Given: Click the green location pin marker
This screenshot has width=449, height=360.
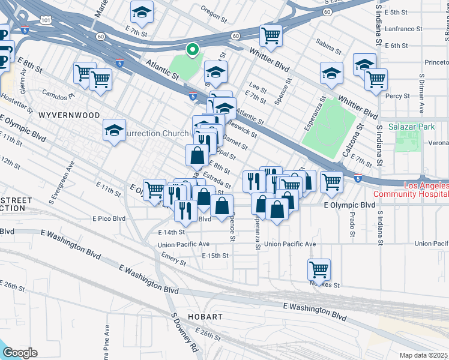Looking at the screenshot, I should coord(192,49).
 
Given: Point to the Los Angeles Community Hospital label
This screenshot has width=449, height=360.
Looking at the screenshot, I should coord(411,190).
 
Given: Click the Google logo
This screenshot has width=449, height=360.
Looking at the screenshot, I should coord(19,352).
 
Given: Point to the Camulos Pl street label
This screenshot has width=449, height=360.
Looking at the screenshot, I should coord(57,94).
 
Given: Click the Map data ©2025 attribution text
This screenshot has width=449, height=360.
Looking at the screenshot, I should coord(424,355).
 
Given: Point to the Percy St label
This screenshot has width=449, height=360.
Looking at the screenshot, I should coord(398,95).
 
